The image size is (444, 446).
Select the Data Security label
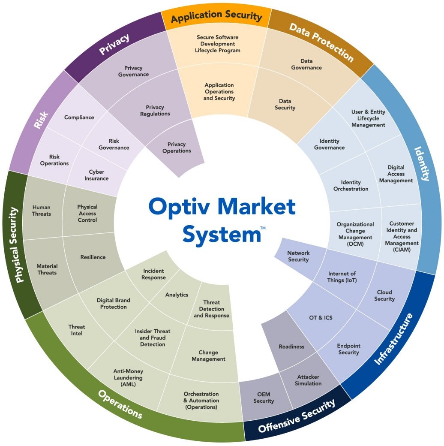[x=285, y=105]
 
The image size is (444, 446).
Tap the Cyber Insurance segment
[x=96, y=175]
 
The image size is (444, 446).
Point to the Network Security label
[x=298, y=256]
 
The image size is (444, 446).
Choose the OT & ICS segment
[x=321, y=318]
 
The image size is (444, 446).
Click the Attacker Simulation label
[x=308, y=380]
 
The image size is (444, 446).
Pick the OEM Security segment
[x=264, y=398]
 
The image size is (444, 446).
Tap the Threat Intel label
[x=76, y=330]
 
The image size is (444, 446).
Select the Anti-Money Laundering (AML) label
[x=128, y=378]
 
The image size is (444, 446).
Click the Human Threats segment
[x=42, y=211]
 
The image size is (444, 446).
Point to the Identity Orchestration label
[x=351, y=186]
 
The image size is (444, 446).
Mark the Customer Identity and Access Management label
[x=402, y=237]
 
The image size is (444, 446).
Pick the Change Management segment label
[x=208, y=356]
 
